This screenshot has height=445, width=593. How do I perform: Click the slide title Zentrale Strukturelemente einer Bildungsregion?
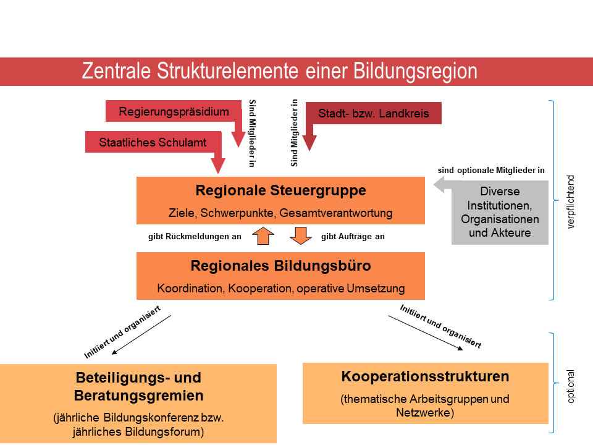coord(280,71)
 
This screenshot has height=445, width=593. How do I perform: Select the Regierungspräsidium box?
coord(174,112)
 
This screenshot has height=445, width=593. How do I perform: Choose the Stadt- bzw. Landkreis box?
coord(373,113)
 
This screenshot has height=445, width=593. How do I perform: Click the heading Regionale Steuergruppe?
coord(280,190)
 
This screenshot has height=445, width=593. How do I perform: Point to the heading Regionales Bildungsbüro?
coord(280,266)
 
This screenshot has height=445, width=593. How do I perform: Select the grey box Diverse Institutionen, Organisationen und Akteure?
coord(500,212)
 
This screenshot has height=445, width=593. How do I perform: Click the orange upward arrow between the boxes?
coord(262,236)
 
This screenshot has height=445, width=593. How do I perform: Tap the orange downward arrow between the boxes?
coord(301,236)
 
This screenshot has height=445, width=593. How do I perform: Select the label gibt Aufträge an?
coord(353,236)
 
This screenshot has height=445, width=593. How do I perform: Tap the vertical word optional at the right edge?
coord(571,387)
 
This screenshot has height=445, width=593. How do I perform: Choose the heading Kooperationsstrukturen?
coord(425,376)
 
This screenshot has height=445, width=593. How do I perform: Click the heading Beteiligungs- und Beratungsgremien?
coord(138,386)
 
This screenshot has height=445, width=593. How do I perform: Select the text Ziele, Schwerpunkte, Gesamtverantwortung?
coord(280,213)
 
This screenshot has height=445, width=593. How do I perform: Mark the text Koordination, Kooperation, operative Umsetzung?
coord(280,288)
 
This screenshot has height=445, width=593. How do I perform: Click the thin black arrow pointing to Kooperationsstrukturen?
coord(426,333)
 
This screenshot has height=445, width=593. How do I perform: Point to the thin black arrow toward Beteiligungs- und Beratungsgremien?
coord(141,334)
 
